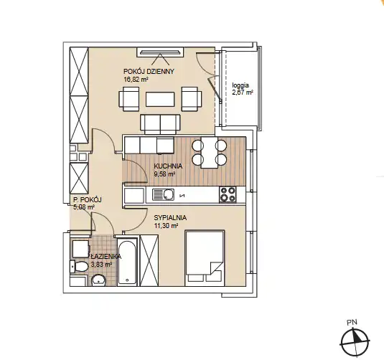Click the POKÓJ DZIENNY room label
coord(149,72)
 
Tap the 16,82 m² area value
coord(136,80)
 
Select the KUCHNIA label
coord(168,166)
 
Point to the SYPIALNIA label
coord(170,217)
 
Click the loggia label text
coord(240,85)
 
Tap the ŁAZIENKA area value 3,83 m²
coord(101,265)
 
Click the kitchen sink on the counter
coord(164,194)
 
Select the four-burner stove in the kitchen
coord(228,194)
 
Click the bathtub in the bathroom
coord(127,261)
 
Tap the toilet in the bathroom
coord(79,267)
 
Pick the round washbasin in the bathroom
coord(98,280)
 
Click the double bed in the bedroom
coord(205,258)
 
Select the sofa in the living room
coord(160,124)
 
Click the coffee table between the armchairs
coord(160,99)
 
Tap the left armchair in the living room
coord(129,99)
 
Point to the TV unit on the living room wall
coord(160,52)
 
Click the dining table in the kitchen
coord(210,153)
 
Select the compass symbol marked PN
coord(355,341)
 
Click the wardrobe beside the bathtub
coord(149,260)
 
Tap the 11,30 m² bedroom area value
coord(166,226)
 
